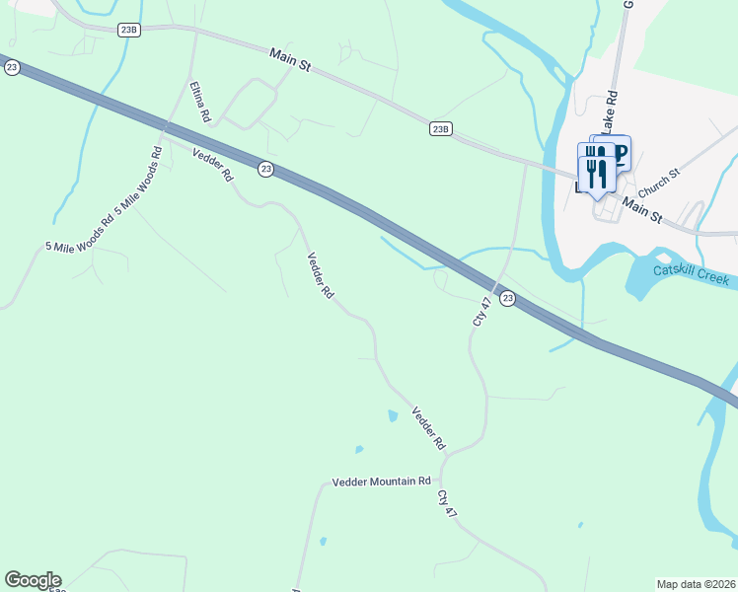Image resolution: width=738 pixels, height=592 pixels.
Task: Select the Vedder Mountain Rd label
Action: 382,481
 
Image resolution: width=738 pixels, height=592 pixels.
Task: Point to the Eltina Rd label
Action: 200,102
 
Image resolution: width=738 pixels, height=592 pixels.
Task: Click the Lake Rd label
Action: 611,111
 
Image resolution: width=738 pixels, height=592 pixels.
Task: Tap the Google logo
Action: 33,580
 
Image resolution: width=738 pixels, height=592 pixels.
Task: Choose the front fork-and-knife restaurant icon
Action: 596,174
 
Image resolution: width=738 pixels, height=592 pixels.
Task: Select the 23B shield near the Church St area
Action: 441,128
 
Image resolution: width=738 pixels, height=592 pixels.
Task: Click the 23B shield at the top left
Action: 129,30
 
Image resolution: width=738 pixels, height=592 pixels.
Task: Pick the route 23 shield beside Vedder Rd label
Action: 265,170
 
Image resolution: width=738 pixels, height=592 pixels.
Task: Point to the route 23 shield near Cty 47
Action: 506,298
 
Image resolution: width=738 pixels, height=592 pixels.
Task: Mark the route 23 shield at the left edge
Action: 12,67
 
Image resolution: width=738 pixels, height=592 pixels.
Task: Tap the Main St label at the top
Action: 290,59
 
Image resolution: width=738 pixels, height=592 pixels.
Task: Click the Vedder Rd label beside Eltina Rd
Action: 212,164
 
